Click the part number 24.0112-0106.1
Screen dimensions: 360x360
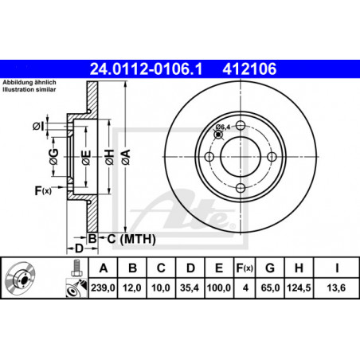click(x=146, y=69)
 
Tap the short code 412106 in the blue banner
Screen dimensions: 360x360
click(x=249, y=69)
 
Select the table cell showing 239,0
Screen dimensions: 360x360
click(x=103, y=288)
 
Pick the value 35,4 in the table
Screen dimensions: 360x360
click(x=190, y=288)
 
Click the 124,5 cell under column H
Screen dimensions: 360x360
click(x=299, y=288)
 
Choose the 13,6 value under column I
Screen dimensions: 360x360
click(x=336, y=288)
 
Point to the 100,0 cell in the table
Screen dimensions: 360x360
click(x=219, y=288)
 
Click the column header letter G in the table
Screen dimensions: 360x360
click(x=270, y=268)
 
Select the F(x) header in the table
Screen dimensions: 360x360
click(x=245, y=268)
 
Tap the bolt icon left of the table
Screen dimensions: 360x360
click(x=76, y=268)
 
